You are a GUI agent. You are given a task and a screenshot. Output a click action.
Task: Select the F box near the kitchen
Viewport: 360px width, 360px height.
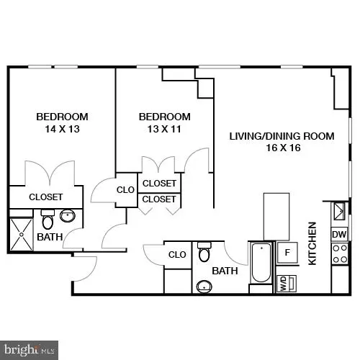(x=287, y=252)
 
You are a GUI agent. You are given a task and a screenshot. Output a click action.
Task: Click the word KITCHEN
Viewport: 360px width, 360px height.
(x=312, y=243)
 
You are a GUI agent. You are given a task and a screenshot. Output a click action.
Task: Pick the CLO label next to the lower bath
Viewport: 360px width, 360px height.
(x=177, y=254)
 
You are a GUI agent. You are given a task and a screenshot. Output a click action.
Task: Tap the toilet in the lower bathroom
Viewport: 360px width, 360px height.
(x=204, y=253)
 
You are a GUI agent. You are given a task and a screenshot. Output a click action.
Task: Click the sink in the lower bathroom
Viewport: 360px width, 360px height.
(x=204, y=287)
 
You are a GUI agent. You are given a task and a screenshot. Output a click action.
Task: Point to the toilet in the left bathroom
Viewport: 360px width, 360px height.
(x=48, y=220)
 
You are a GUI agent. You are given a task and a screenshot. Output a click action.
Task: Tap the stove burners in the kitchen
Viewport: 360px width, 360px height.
(x=339, y=253)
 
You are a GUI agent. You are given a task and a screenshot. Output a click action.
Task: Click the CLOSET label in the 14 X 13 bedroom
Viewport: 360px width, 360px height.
(x=46, y=197)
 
